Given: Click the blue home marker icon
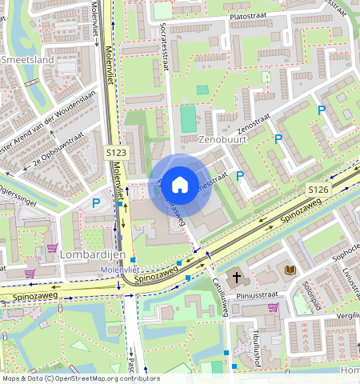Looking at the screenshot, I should [180, 185].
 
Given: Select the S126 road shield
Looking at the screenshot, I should [318, 189].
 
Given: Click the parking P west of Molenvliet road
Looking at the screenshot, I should [95, 204].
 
